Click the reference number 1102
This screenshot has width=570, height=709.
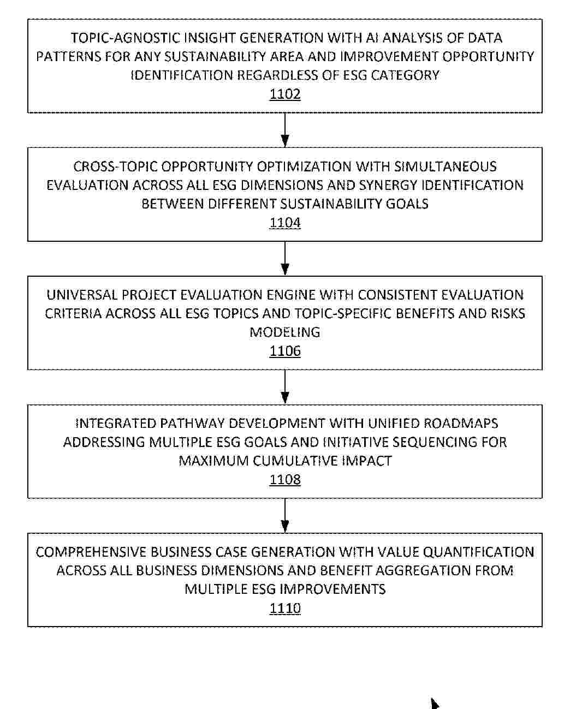[x=285, y=94]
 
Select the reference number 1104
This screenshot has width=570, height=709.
[x=285, y=223]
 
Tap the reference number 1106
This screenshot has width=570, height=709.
[x=285, y=351]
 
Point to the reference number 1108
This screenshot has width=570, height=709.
[x=285, y=480]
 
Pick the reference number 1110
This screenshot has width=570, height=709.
[x=285, y=608]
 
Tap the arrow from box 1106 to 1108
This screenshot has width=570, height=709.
[x=285, y=387]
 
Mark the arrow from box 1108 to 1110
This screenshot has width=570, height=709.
[x=285, y=515]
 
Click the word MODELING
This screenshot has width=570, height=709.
[x=285, y=332]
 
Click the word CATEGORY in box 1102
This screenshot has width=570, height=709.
[x=405, y=75]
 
